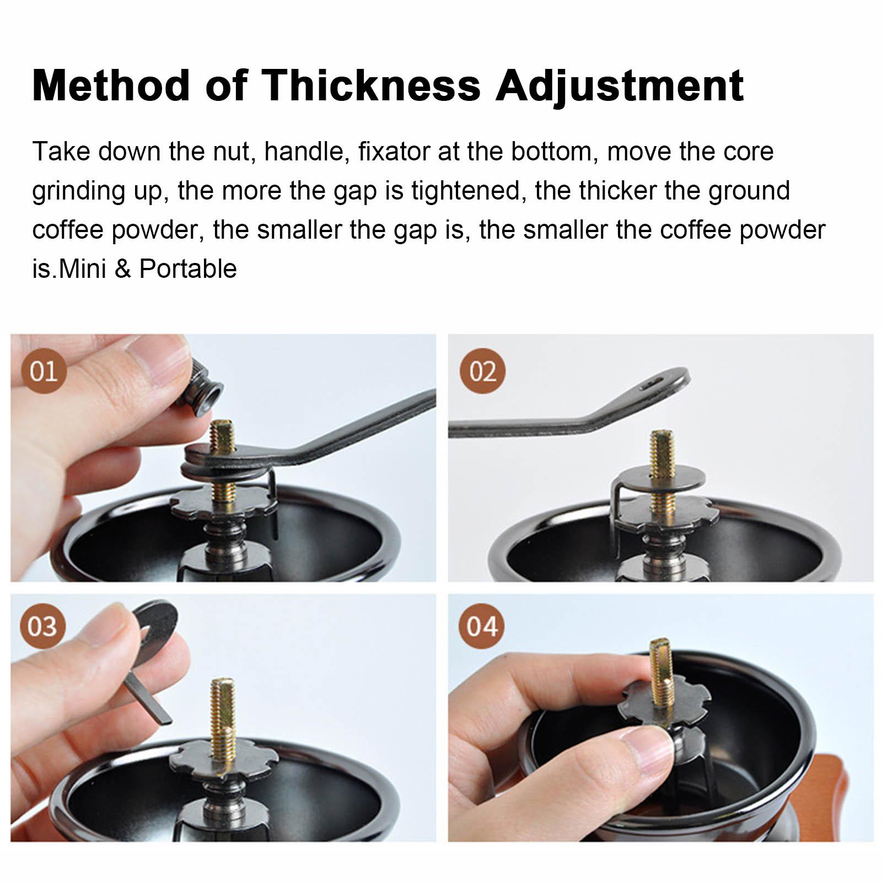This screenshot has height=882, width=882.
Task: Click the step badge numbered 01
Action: (x=44, y=370)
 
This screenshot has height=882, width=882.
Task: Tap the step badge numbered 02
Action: (x=482, y=370)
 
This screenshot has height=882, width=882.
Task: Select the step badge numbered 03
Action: (x=42, y=626)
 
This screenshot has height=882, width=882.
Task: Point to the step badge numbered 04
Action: (x=482, y=626)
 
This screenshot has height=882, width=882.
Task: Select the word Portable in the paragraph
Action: (x=188, y=269)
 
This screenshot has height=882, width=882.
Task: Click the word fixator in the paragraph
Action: (x=394, y=152)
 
